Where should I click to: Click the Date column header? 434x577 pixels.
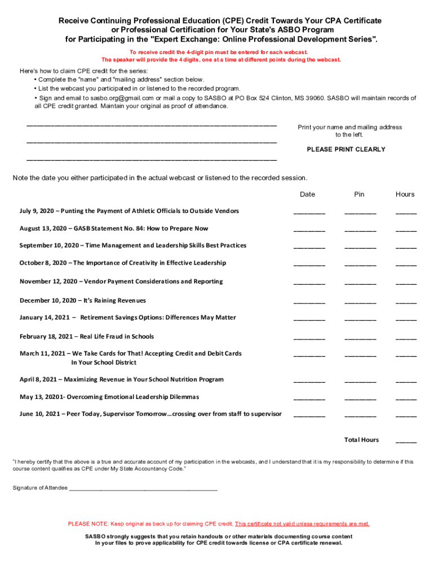pos(307,194)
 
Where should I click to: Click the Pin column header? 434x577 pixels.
pos(359,194)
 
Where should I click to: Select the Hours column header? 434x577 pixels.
pos(405,194)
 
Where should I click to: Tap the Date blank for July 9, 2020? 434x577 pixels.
pos(309,212)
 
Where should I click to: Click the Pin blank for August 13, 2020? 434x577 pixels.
pos(360,230)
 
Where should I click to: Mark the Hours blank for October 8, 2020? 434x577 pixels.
pos(406,264)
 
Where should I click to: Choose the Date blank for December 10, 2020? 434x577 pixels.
pos(309,302)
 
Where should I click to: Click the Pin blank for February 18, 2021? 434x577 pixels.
pos(360,338)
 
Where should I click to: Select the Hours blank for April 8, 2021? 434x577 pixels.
pos(406,381)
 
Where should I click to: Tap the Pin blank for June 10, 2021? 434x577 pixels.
pos(360,415)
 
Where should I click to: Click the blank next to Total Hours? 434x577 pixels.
pos(406,441)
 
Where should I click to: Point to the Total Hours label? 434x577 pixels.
pos(361,440)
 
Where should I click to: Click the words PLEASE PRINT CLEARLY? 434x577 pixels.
pos(346,149)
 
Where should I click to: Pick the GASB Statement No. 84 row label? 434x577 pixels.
pos(113,229)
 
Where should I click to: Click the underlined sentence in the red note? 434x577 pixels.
pos(302,523)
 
